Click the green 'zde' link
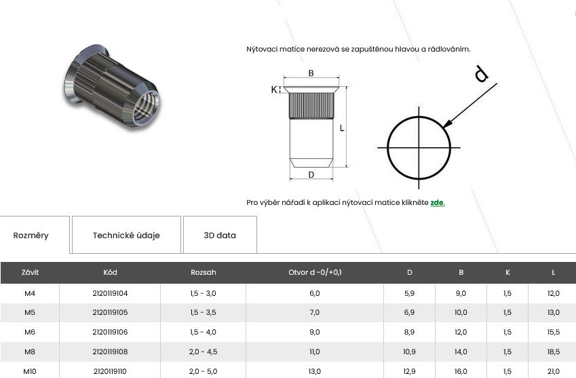437,202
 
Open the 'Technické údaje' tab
126,235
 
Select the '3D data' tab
220,235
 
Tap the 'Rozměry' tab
31,235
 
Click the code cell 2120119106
110,332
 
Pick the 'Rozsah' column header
203,272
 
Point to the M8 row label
30,352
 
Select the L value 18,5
553,352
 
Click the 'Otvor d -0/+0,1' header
315,272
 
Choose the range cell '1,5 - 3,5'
203,312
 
